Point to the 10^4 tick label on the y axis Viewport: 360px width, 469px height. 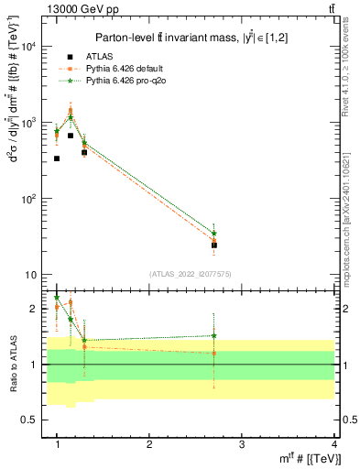tap(28, 47)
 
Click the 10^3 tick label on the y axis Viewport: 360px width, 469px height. tap(28, 123)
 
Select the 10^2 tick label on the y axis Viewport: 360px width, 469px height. tap(28, 199)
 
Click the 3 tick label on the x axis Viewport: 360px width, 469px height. tap(241, 444)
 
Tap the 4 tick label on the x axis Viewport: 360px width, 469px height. tap(333, 444)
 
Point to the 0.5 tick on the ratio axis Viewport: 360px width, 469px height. tap(32, 420)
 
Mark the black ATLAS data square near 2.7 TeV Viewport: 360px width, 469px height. tap(214, 245)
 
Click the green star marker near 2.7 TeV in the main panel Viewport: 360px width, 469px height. tap(214, 233)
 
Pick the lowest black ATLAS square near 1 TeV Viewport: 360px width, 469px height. tap(57, 158)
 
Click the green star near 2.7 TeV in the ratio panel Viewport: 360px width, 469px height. tap(214, 335)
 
